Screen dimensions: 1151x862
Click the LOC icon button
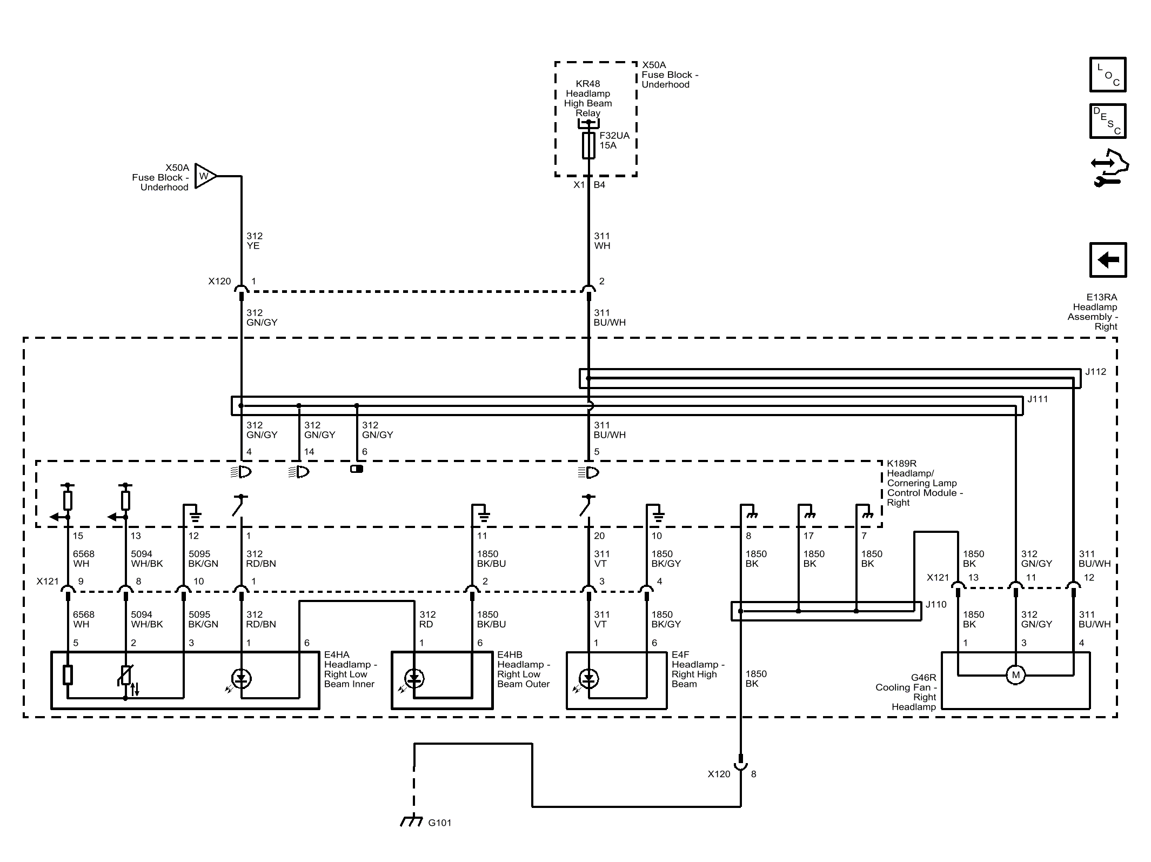[1108, 75]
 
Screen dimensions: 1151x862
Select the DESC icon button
[1108, 121]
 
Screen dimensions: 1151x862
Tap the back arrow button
[1108, 260]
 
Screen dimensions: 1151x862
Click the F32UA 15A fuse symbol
[588, 145]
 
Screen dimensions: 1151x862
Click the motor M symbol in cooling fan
[1016, 674]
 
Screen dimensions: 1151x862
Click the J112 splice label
[1096, 372]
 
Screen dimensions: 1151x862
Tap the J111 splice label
[1038, 399]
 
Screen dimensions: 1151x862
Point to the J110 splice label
[936, 604]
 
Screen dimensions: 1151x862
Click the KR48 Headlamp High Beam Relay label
[588, 98]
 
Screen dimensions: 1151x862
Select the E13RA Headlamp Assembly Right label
[1093, 312]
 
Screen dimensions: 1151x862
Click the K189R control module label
[925, 483]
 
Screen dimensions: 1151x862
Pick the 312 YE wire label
[255, 241]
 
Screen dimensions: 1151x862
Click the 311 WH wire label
[602, 241]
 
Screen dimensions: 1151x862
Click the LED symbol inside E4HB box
[414, 679]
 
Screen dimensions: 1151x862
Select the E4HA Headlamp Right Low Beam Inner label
[350, 670]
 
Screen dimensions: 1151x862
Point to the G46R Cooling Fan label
[906, 692]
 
